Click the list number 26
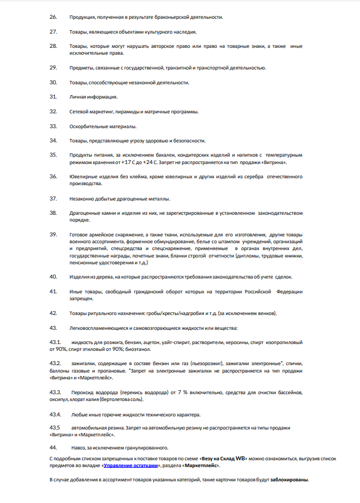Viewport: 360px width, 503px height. click(54, 17)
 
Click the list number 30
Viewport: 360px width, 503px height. click(54, 82)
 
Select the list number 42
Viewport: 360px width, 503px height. click(54, 313)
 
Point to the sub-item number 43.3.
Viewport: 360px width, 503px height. click(55, 392)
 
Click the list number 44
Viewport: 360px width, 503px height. click(54, 447)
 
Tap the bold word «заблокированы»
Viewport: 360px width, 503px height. click(289, 480)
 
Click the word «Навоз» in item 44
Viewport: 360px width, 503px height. click(78, 447)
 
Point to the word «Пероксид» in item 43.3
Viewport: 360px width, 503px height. click(82, 392)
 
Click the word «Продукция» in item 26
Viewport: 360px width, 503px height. click(81, 17)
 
